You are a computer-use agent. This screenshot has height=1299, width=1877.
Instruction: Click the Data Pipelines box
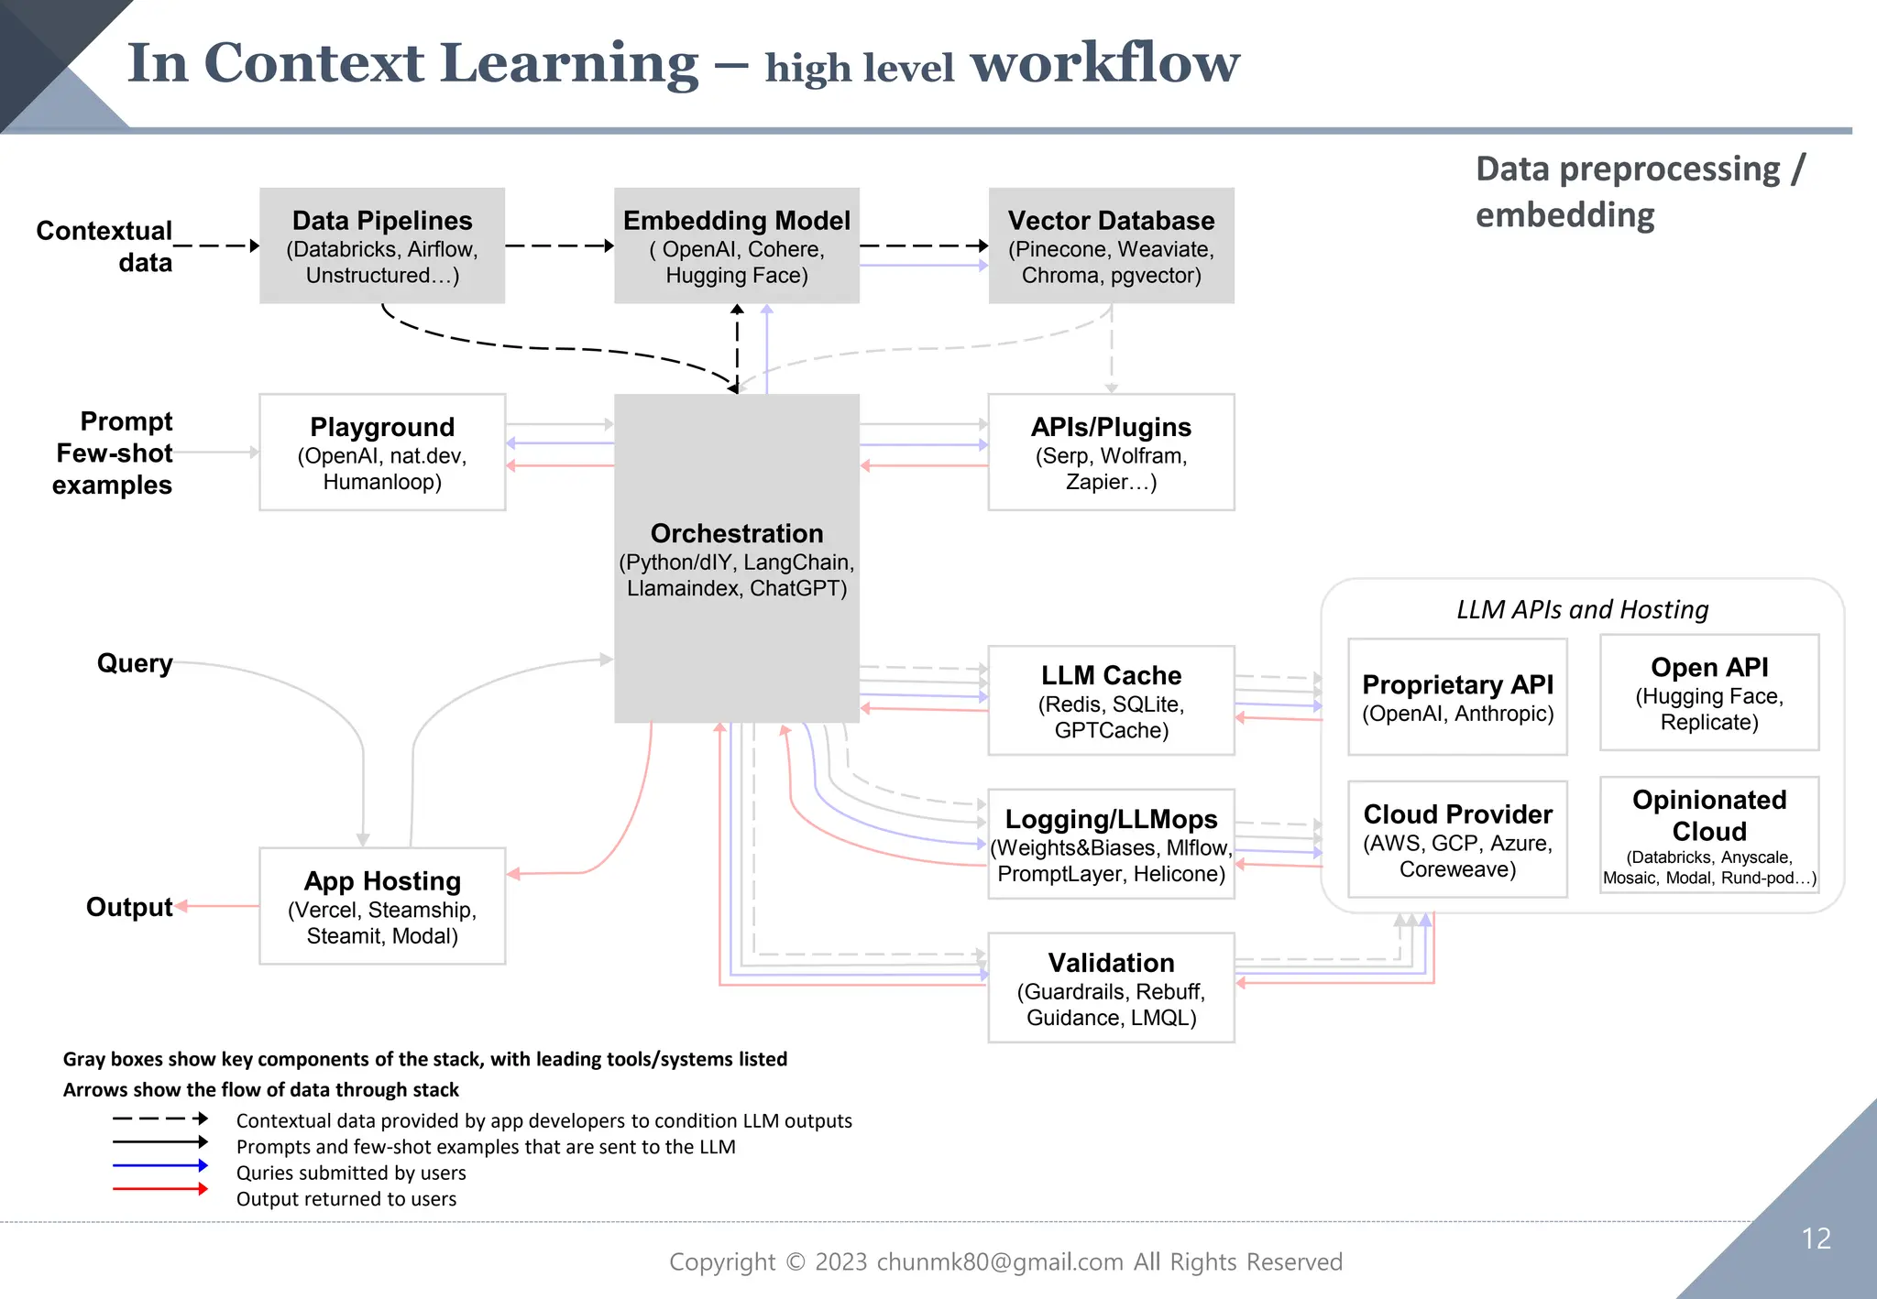(382, 246)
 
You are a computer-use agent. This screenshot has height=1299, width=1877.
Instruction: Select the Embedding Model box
(737, 246)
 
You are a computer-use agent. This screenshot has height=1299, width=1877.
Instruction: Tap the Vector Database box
(1111, 246)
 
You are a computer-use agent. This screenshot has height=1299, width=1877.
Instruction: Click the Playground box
(382, 453)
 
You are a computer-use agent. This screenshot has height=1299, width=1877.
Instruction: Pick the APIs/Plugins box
(1111, 453)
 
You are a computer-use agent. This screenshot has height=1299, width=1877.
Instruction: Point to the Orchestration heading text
(737, 533)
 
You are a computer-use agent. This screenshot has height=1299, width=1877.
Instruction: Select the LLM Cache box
(1111, 701)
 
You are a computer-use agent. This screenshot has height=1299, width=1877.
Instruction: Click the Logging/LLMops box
(1111, 844)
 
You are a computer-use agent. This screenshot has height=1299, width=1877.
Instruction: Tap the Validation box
(1111, 988)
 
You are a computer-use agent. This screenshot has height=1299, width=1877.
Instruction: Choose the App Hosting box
(382, 906)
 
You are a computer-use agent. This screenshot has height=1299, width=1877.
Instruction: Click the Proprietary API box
(1457, 697)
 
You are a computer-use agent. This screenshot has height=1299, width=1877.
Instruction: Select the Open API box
(1709, 693)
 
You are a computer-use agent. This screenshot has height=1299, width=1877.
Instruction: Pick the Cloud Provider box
(1457, 839)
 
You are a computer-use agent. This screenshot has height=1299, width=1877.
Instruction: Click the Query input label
(135, 662)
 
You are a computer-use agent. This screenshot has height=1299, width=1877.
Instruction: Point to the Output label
(129, 907)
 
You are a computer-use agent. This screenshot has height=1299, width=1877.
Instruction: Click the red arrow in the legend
(159, 1189)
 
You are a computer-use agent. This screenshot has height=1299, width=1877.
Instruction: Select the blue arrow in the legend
(159, 1165)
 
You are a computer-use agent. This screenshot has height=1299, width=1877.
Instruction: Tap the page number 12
(1816, 1239)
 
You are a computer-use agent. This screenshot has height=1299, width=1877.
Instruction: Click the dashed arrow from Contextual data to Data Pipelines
(216, 246)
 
